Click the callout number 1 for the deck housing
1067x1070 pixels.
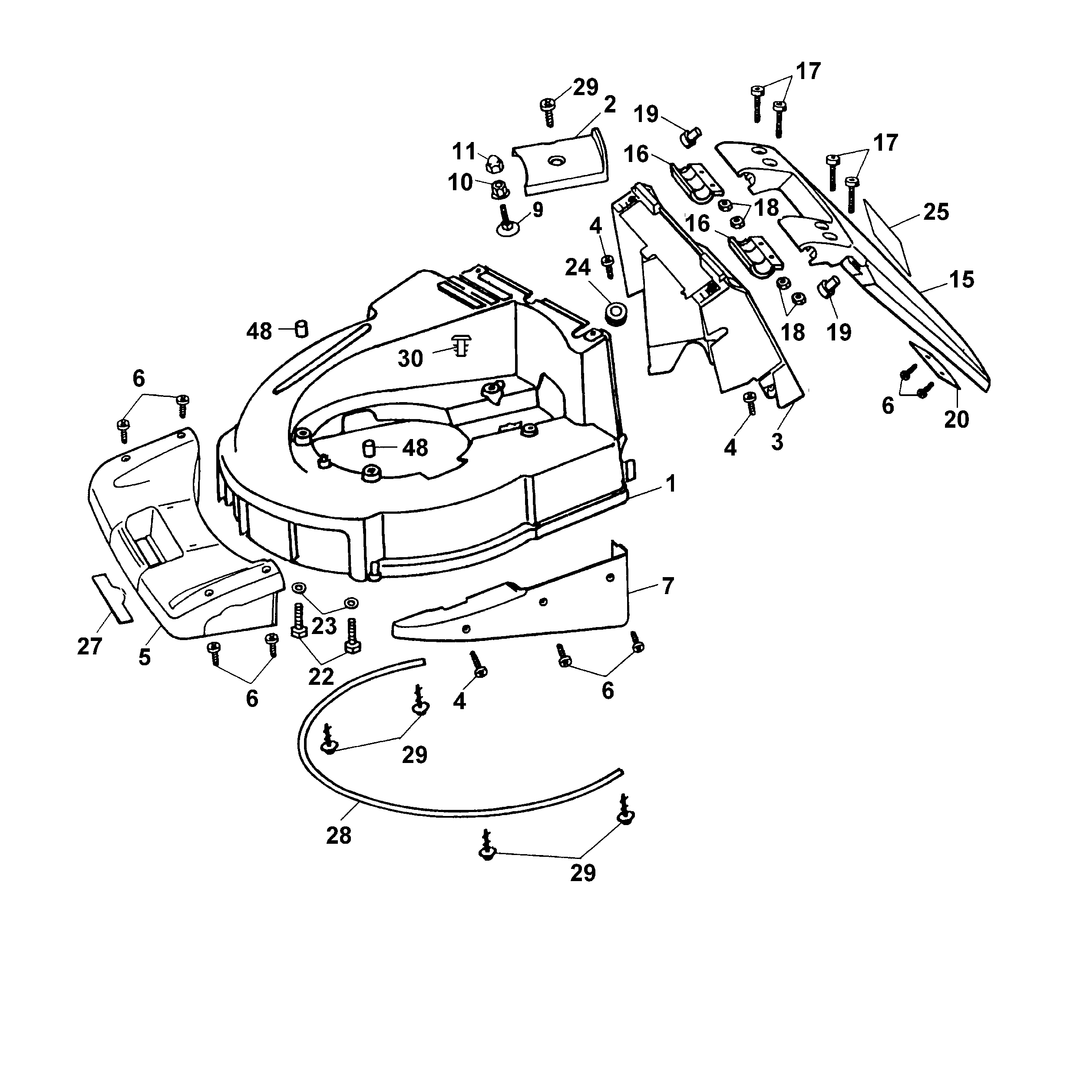[671, 485]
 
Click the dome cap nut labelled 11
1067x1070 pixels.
[493, 164]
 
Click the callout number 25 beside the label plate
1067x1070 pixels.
[936, 212]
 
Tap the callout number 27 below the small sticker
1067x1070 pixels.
[89, 646]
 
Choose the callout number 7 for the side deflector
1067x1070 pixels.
[668, 586]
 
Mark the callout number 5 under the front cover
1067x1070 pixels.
[145, 657]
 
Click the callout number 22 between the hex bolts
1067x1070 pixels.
[321, 676]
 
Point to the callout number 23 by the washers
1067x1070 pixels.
[324, 626]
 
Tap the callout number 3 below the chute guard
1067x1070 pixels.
[777, 442]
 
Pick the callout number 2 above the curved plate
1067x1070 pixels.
[610, 105]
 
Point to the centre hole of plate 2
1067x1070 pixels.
[556, 161]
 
